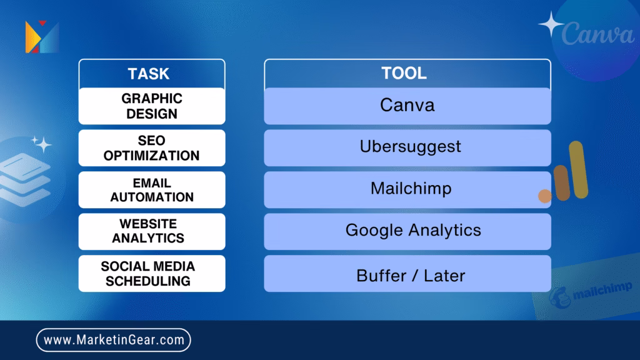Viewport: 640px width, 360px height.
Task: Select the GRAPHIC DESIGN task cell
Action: pyautogui.click(x=152, y=106)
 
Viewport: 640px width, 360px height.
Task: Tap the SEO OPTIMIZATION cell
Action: pyautogui.click(x=152, y=147)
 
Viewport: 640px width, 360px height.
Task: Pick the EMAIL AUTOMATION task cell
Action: pyautogui.click(x=152, y=190)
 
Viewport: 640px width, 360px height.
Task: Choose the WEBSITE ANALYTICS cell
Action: pyautogui.click(x=152, y=231)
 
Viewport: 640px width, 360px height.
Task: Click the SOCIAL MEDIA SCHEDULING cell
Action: pyautogui.click(x=152, y=274)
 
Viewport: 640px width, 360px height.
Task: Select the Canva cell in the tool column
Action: pyautogui.click(x=407, y=106)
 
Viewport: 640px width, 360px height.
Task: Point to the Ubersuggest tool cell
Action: pyautogui.click(x=407, y=147)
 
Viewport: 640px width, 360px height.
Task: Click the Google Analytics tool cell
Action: pyautogui.click(x=407, y=231)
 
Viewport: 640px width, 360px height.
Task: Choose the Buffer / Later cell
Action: pyautogui.click(x=407, y=274)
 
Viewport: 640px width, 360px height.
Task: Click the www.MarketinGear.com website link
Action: pyautogui.click(x=114, y=340)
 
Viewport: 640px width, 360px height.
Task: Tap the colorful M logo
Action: pyautogui.click(x=42, y=37)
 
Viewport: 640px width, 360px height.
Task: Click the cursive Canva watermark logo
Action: pyautogui.click(x=598, y=34)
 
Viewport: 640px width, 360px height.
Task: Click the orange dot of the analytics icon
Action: pyautogui.click(x=545, y=196)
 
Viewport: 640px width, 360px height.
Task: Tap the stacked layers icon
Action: pyautogui.click(x=24, y=179)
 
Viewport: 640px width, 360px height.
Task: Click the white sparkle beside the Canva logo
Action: pyautogui.click(x=551, y=24)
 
